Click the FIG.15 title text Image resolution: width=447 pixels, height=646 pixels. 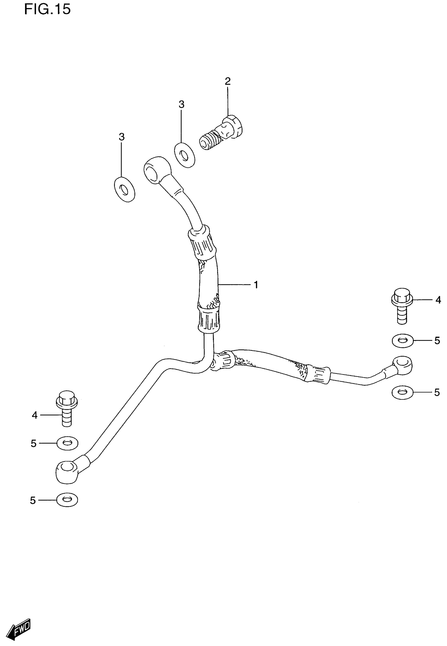47,9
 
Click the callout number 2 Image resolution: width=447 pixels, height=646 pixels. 228,82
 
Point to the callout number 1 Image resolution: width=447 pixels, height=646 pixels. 256,285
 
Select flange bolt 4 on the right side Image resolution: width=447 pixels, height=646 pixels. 402,305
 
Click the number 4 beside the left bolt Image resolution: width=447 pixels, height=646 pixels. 34,415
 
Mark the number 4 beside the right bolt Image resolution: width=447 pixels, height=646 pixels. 438,300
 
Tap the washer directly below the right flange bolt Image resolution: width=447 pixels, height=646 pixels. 403,340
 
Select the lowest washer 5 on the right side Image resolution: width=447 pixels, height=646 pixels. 402,393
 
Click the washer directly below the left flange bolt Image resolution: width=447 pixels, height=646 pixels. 67,443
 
